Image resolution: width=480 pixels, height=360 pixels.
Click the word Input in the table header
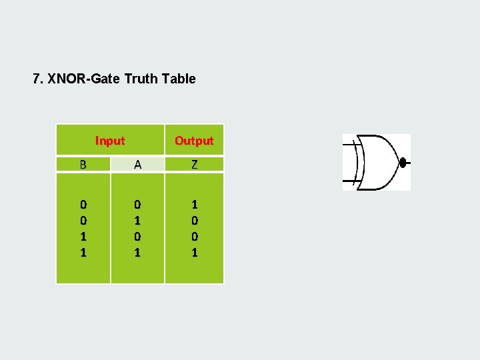click(110, 141)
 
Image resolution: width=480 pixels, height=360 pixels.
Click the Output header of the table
click(194, 141)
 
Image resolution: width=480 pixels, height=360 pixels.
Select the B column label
click(83, 165)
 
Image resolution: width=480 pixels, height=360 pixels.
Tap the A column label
click(137, 165)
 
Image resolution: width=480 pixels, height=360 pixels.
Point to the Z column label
click(194, 165)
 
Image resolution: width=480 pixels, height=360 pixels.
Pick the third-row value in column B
click(83, 236)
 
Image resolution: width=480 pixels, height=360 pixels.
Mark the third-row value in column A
click(137, 236)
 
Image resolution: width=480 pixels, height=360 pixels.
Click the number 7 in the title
click(37, 79)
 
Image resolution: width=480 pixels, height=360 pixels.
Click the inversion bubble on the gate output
click(402, 162)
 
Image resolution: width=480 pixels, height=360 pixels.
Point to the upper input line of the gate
click(349, 144)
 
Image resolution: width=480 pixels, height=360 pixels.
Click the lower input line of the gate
click(349, 180)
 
